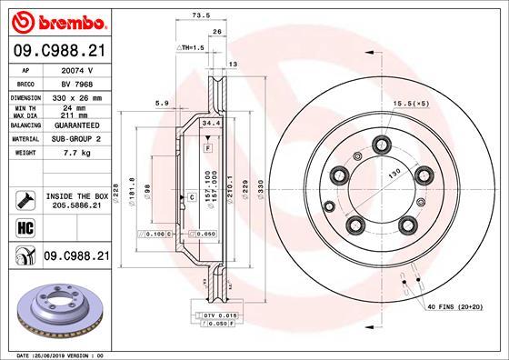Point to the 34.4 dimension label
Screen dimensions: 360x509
[x=211, y=122]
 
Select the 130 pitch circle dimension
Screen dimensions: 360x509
[x=394, y=173]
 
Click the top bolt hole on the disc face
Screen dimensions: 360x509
[x=381, y=141]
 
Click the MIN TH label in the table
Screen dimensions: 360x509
[x=25, y=107]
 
